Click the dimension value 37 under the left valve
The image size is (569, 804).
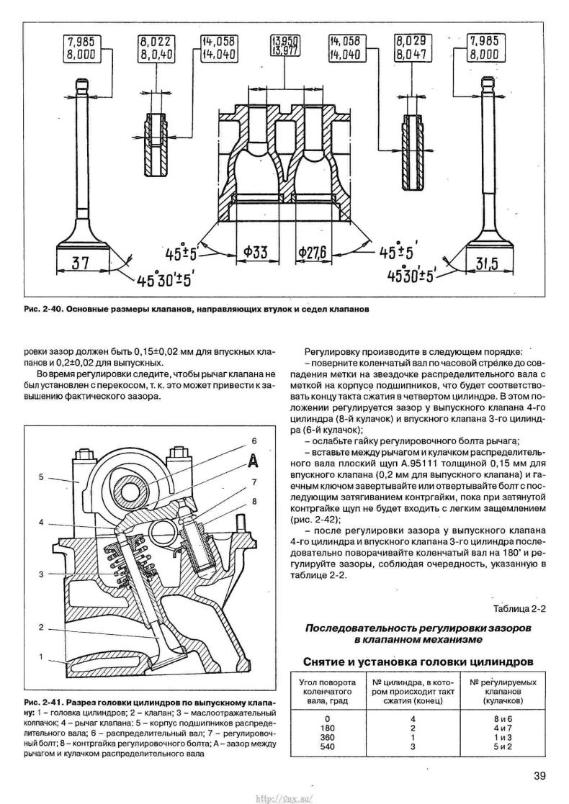pyautogui.click(x=80, y=263)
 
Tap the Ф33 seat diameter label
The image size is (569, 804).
pyautogui.click(x=255, y=252)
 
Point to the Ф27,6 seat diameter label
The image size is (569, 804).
pyautogui.click(x=315, y=252)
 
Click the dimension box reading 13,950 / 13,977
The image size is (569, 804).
pyautogui.click(x=284, y=45)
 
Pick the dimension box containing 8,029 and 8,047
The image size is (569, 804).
pyautogui.click(x=411, y=48)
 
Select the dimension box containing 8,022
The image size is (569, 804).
pyautogui.click(x=157, y=48)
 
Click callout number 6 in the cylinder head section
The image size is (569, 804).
pyautogui.click(x=254, y=441)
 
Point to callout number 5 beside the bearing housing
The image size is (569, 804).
pyautogui.click(x=41, y=477)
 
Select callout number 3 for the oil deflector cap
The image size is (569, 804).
pyautogui.click(x=41, y=574)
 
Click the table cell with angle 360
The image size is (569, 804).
pyautogui.click(x=327, y=737)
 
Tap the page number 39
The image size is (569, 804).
pyautogui.click(x=539, y=775)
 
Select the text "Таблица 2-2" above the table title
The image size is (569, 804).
pyautogui.click(x=519, y=609)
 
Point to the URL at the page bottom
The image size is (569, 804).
pyautogui.click(x=284, y=799)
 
